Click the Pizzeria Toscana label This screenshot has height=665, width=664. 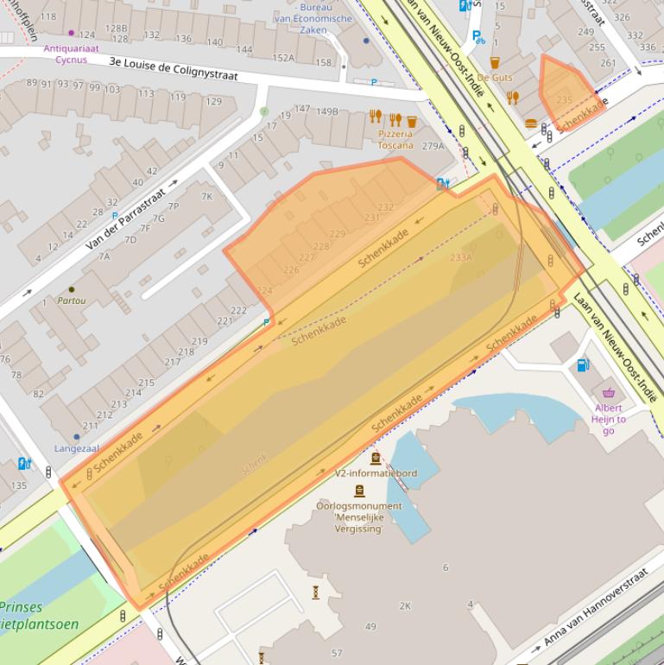395,139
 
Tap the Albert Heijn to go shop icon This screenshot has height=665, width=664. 609,393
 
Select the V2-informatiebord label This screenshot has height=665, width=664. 376,473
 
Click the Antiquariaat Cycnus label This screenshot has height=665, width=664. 71,54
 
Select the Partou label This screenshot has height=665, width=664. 71,301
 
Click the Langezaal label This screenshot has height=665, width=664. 77,448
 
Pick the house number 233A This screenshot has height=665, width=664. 461,257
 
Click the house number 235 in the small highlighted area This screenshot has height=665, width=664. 564,100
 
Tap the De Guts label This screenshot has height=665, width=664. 494,78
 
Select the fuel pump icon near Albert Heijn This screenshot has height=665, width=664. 584,365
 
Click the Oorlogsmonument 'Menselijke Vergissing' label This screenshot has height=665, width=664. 358,516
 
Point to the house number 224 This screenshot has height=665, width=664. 264,291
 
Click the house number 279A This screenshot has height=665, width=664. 433,146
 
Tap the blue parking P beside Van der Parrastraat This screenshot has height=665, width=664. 115,216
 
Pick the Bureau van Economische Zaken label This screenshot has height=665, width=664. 313,17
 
